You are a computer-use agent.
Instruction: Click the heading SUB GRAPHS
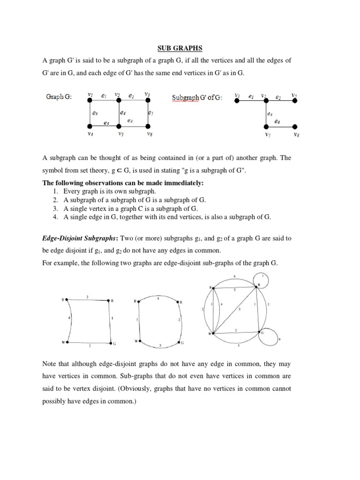coord(180,47)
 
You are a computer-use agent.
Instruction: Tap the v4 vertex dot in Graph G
coord(90,127)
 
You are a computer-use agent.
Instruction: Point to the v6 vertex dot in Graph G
coord(148,127)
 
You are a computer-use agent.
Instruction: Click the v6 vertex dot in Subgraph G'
coord(295,127)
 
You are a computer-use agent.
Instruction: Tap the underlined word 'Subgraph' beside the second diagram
coord(186,98)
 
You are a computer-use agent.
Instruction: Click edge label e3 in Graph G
coord(95,113)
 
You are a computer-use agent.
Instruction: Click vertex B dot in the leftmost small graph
coord(67,299)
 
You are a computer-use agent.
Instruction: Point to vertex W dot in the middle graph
coord(140,341)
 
